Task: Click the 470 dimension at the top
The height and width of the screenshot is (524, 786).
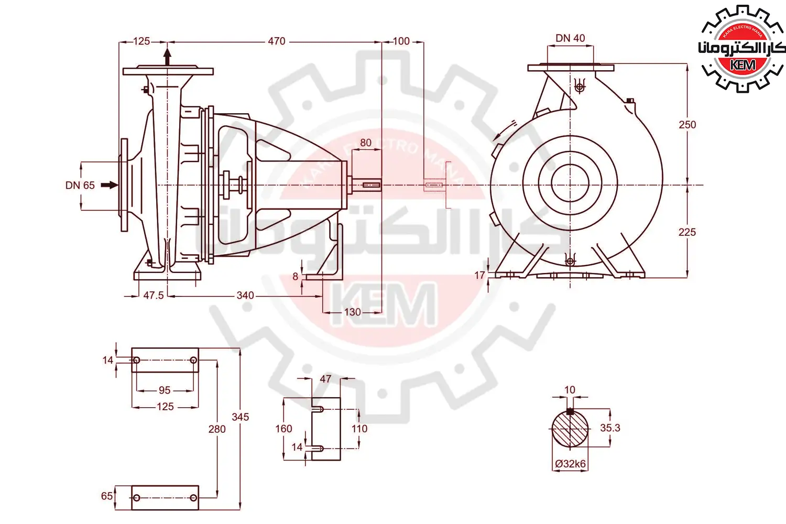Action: (277, 41)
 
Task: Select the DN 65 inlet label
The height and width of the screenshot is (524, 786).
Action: (80, 185)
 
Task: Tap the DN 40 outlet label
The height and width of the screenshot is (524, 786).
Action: (570, 38)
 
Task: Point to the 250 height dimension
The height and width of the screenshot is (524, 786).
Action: (687, 125)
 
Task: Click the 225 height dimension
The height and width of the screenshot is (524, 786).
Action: (687, 232)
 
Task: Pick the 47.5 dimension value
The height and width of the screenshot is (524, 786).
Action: (154, 296)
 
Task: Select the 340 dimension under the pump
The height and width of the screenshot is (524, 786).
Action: (245, 296)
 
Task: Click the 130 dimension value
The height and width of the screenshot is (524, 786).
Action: (352, 312)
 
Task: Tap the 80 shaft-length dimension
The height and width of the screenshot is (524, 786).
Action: (366, 143)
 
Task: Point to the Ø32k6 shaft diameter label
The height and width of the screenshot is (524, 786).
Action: (571, 464)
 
